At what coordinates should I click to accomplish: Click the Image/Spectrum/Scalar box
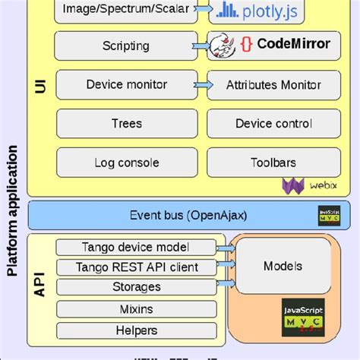126,10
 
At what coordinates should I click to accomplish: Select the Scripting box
126,46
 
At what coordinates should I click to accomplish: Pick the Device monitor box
126,85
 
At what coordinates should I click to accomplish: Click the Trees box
126,124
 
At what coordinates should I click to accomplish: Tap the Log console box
126,163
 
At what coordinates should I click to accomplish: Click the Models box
283,266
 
